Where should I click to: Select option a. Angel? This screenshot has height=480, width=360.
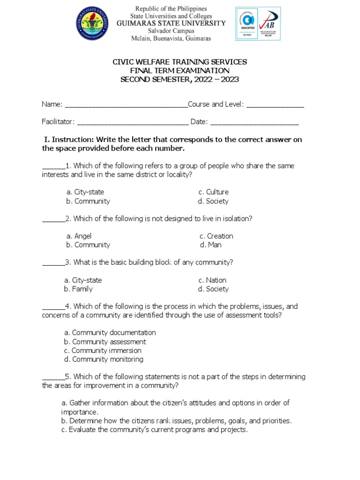[x=79, y=236]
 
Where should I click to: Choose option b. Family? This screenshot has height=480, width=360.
[x=78, y=289]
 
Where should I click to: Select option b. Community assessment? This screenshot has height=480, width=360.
[x=105, y=342]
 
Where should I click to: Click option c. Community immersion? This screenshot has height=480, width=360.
[x=103, y=351]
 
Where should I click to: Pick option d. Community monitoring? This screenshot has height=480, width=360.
[x=104, y=360]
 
